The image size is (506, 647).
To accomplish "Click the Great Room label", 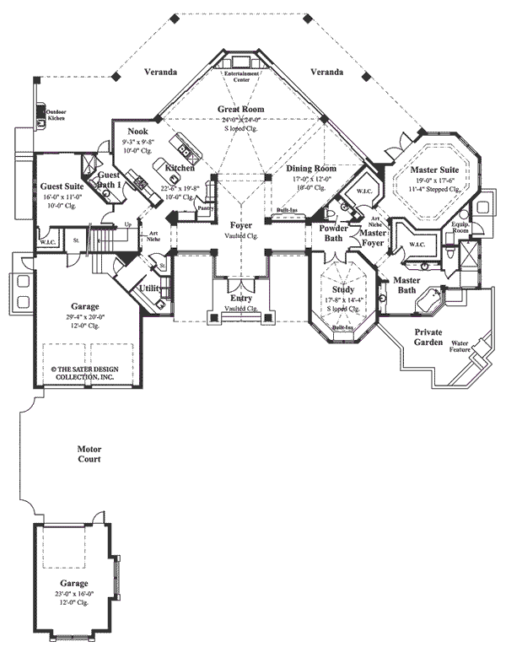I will point(241,110).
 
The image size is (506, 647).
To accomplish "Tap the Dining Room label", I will point(310,169).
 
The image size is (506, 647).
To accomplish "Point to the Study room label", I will point(342,289).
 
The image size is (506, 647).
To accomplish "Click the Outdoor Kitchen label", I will point(55,115).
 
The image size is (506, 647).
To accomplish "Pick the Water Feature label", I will point(460,346).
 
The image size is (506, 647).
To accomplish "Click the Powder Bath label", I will point(330,234).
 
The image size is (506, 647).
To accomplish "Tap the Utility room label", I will point(150,288).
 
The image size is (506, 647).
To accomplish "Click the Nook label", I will point(138,132).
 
